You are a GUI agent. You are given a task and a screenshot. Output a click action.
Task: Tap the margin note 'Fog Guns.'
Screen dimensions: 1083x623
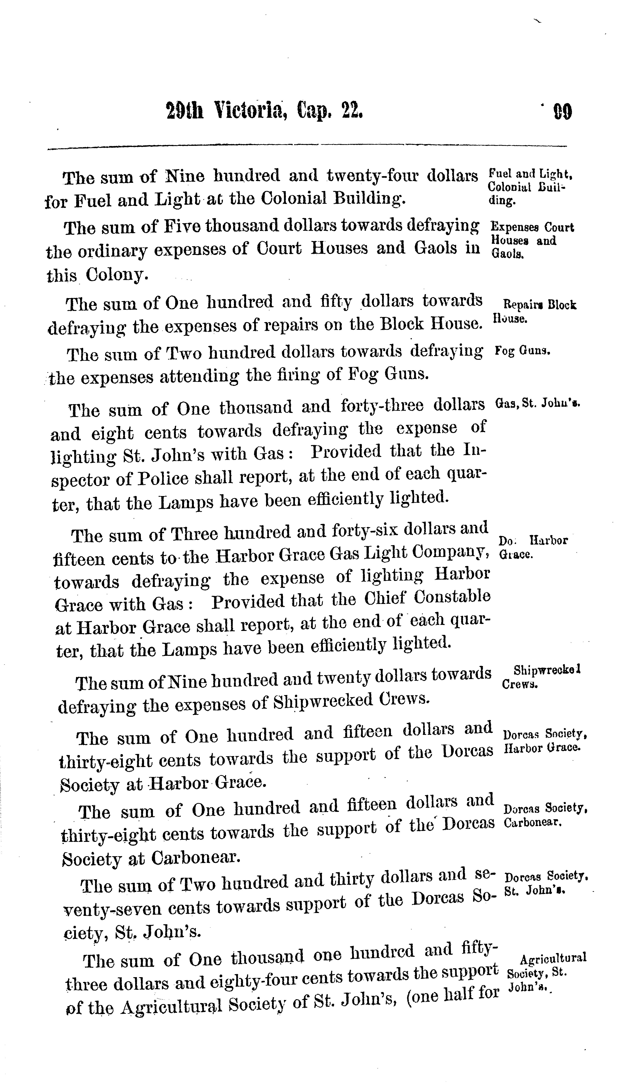coord(522,351)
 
